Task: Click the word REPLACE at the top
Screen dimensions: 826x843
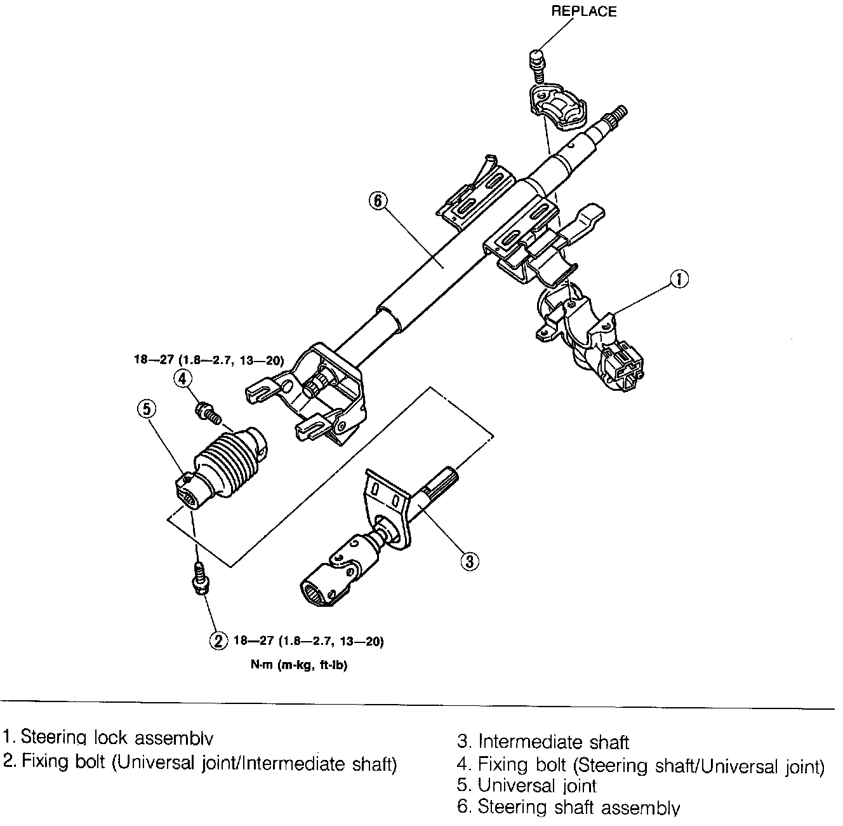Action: click(x=583, y=11)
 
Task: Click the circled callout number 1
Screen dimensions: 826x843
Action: click(x=679, y=279)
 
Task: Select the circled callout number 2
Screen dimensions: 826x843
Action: click(x=218, y=640)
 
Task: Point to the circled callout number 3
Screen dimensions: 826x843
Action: click(x=468, y=562)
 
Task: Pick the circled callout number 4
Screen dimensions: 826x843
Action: click(x=183, y=379)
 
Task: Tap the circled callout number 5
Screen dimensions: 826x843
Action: click(x=146, y=409)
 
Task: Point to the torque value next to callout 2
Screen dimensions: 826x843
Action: click(x=309, y=641)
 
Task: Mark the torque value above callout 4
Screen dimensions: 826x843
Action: click(x=208, y=360)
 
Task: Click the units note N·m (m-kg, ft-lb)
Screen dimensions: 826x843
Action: click(x=298, y=667)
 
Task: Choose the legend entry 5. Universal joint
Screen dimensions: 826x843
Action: click(x=527, y=785)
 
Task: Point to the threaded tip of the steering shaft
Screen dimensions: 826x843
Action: click(x=618, y=116)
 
